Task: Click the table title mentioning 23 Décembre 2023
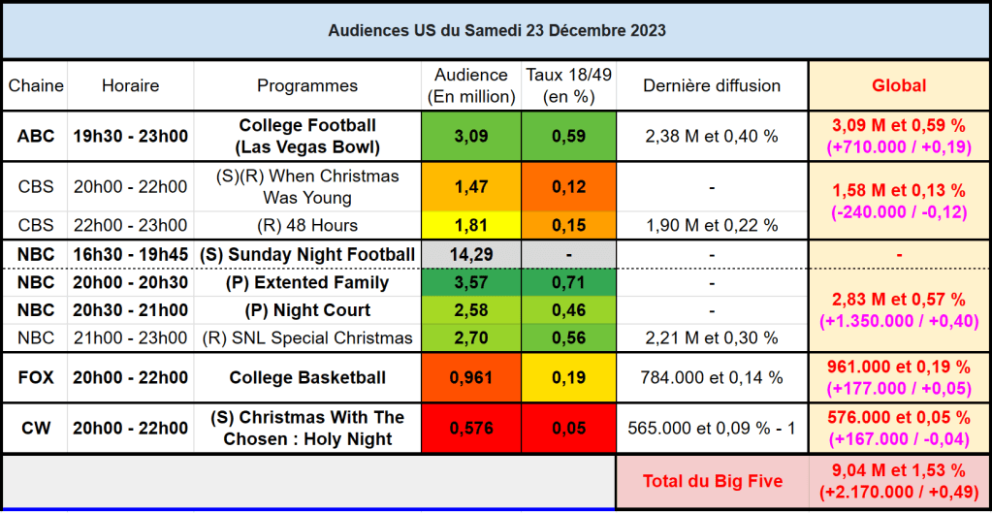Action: (x=496, y=31)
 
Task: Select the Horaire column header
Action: (x=130, y=86)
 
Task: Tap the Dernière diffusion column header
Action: (x=712, y=86)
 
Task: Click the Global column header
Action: (x=899, y=86)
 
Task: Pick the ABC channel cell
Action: (x=36, y=136)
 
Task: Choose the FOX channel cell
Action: (x=36, y=377)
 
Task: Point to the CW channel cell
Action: (x=36, y=428)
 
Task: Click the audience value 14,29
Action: (x=471, y=255)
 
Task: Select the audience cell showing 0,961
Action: (x=471, y=377)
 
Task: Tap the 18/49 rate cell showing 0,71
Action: (x=568, y=283)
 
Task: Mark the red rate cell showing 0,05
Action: (x=568, y=428)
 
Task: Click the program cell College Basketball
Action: (x=307, y=377)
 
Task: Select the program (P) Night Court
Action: (x=307, y=310)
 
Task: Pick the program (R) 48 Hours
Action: (x=307, y=226)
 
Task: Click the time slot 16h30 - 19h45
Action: (x=130, y=255)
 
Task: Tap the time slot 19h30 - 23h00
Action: (x=130, y=136)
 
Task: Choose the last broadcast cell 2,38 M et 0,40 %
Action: (x=712, y=136)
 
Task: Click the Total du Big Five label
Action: (x=713, y=481)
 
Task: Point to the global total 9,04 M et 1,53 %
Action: (x=899, y=470)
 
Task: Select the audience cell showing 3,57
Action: (x=471, y=283)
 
